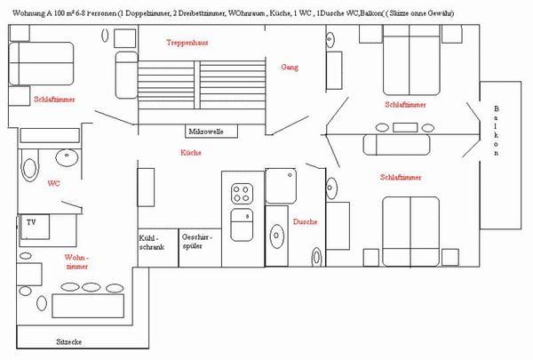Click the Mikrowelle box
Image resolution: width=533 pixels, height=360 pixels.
click(206, 132)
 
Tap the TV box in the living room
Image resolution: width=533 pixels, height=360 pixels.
click(30, 222)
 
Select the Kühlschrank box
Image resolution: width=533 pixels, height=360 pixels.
click(148, 244)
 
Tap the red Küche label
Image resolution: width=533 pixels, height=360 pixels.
click(190, 153)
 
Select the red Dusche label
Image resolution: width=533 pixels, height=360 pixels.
click(304, 221)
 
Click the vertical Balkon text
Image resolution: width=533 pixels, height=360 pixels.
click(496, 131)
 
